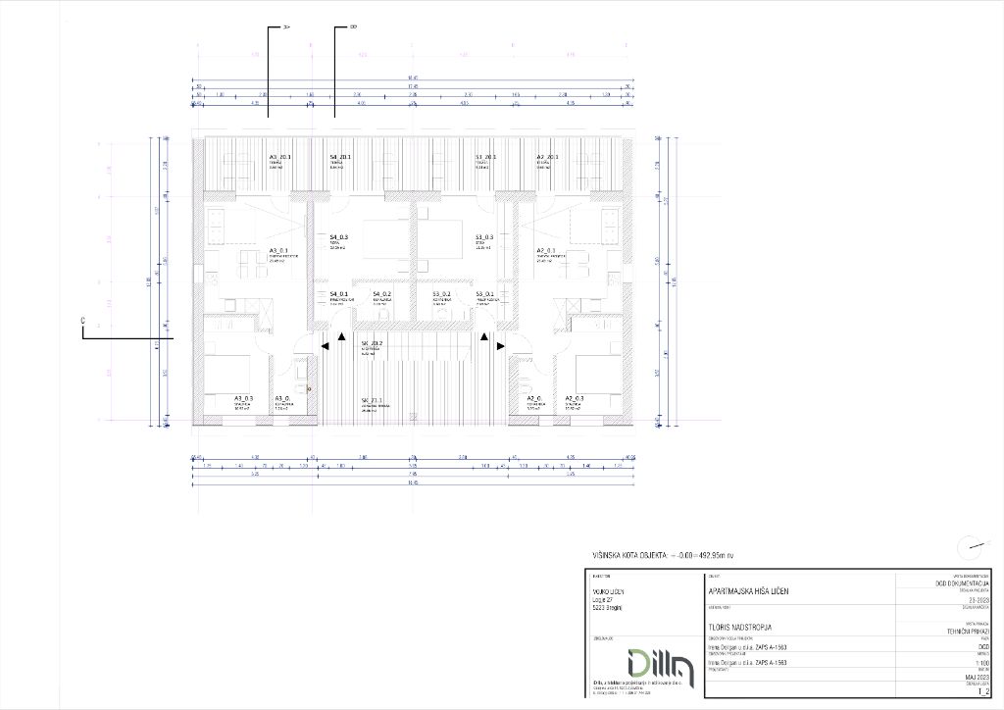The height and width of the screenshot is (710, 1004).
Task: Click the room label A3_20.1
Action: [x=282, y=157]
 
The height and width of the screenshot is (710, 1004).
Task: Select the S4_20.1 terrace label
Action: [x=340, y=157]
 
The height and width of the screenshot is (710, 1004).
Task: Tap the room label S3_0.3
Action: [x=484, y=237]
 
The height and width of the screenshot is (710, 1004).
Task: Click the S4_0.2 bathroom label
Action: [x=382, y=294]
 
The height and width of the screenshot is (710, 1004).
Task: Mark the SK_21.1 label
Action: [x=371, y=400]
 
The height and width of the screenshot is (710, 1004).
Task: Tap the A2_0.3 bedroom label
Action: [x=575, y=398]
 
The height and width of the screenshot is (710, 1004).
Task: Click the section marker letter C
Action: [x=83, y=321]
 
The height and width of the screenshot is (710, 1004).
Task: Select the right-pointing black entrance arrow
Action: [x=500, y=345]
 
